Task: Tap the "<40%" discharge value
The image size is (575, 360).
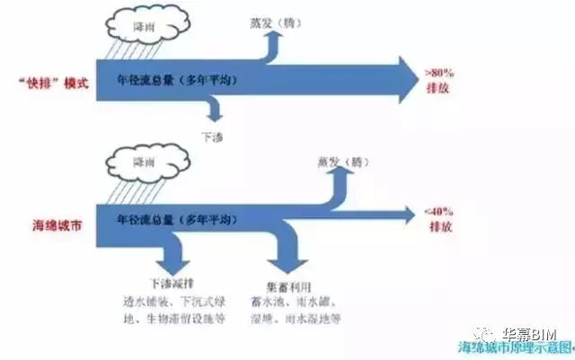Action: [438, 212]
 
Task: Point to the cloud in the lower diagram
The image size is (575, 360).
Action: [141, 163]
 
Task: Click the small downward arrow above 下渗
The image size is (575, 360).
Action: [213, 110]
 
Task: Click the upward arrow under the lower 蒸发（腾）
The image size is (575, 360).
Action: [338, 190]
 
